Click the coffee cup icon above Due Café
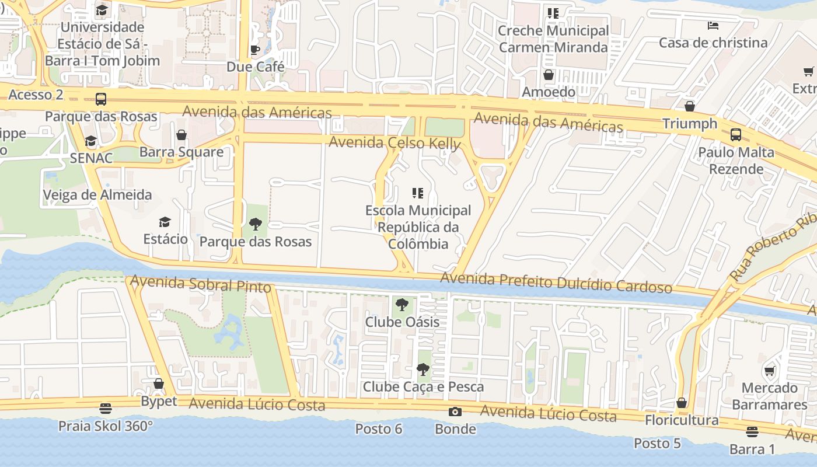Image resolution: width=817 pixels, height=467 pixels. click(255, 50)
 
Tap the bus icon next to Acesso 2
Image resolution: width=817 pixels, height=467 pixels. click(101, 99)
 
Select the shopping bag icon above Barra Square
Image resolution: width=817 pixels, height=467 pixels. click(181, 135)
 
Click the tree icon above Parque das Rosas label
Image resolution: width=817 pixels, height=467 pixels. click(255, 224)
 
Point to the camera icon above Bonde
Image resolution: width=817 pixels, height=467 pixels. click(455, 412)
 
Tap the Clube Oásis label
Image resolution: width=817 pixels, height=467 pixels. click(402, 322)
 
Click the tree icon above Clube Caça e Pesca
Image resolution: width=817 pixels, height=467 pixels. click(423, 370)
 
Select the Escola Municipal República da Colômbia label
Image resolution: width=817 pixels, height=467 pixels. click(418, 227)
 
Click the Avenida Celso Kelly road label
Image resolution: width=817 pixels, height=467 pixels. click(394, 143)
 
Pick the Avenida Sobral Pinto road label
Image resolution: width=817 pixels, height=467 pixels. click(201, 284)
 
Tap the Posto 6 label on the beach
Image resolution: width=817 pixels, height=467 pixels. click(379, 429)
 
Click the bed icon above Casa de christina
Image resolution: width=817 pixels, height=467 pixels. click(713, 26)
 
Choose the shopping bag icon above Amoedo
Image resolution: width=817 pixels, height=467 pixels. click(548, 75)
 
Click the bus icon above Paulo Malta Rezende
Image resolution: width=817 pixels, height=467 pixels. click(736, 135)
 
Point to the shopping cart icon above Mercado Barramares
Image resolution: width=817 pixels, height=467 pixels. click(770, 371)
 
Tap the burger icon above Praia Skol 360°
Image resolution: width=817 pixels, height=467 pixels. click(106, 408)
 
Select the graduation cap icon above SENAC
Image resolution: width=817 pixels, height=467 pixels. click(90, 141)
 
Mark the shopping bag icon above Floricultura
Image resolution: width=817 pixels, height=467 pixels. click(681, 403)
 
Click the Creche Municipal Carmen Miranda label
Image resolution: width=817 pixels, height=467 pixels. click(553, 39)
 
